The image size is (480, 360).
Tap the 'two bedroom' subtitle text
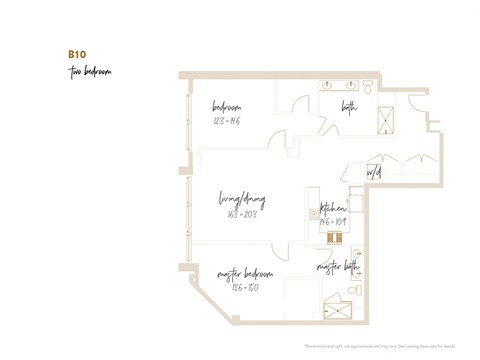pos(90,72)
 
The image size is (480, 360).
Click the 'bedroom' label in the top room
pos(227,108)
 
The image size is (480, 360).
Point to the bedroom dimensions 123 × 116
pos(227,121)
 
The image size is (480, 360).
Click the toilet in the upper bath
pos(369,89)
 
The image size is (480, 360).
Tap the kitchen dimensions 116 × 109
pos(333,221)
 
